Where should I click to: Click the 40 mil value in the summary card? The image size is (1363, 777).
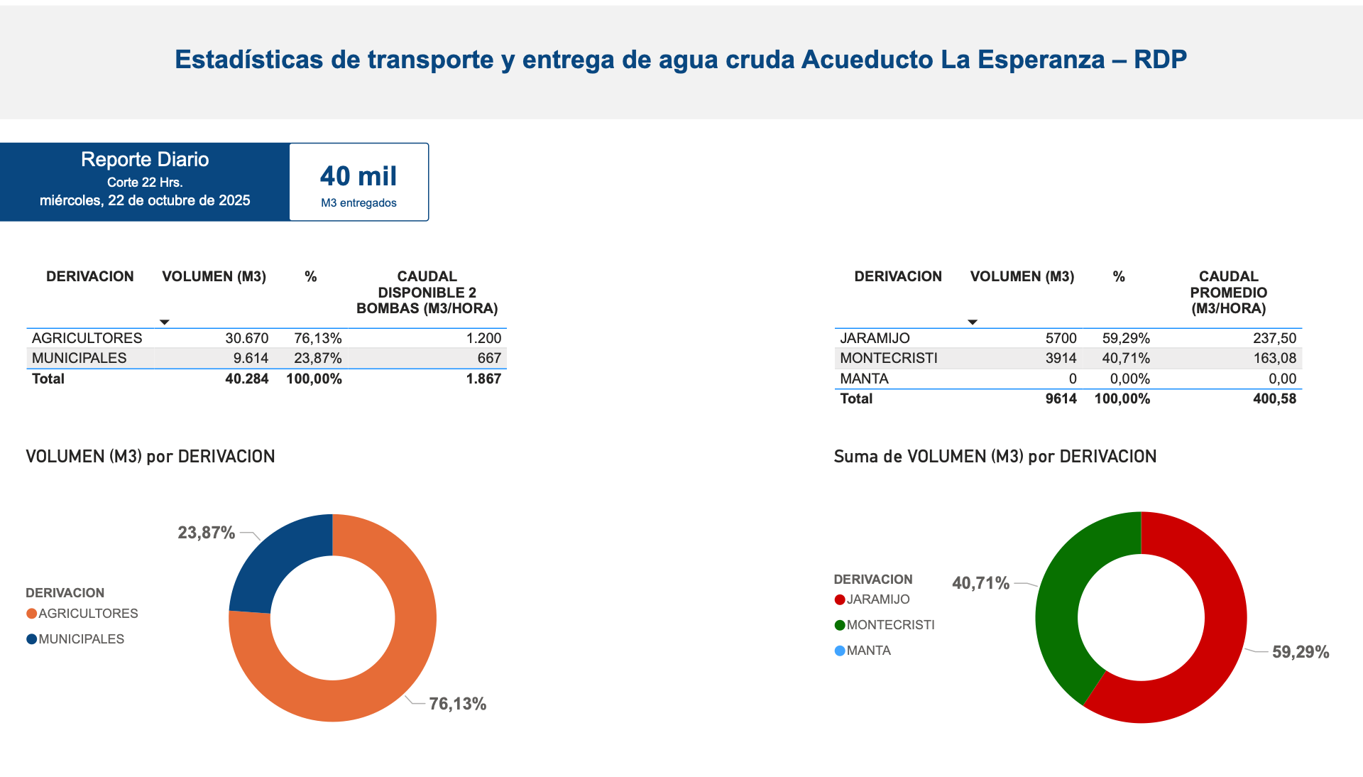tap(358, 176)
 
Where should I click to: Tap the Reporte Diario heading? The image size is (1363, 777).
tap(145, 159)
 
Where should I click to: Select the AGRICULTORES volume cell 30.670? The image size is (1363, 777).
tap(246, 338)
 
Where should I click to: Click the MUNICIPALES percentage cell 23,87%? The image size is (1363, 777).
tap(317, 358)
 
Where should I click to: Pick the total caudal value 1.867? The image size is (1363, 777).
tap(483, 379)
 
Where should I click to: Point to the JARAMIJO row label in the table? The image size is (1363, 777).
tap(875, 338)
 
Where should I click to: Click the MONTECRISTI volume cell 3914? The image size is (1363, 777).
tap(1061, 358)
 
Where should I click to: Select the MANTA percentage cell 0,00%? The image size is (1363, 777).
tap(1129, 379)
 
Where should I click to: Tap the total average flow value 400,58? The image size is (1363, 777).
tap(1274, 398)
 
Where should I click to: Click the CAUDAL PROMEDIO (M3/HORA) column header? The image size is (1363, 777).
tap(1228, 292)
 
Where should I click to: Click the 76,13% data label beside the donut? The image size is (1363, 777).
tap(457, 704)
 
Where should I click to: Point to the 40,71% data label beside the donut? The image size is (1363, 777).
tap(980, 583)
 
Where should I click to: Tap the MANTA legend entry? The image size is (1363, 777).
tap(867, 651)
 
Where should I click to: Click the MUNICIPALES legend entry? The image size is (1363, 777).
tap(81, 639)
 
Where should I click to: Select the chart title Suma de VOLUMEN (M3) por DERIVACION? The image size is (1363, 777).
tap(995, 456)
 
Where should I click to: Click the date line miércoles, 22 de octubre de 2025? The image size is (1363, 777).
tap(145, 200)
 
